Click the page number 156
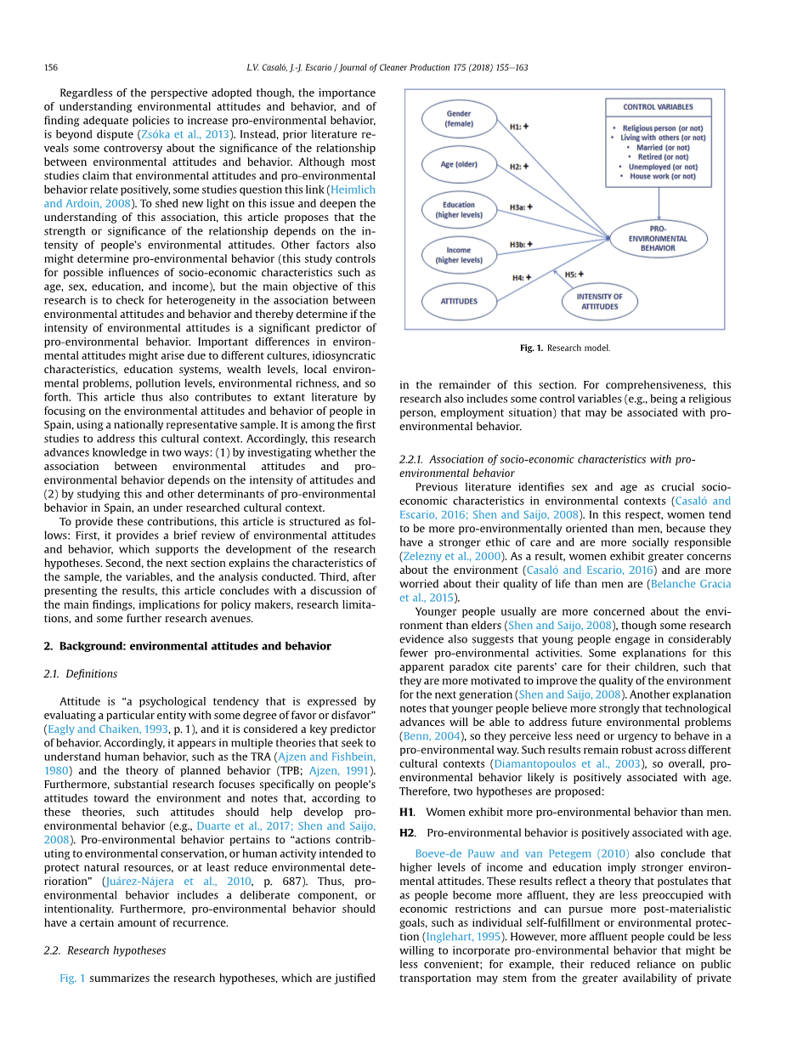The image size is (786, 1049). pyautogui.click(x=50, y=67)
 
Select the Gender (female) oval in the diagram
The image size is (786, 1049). pyautogui.click(x=459, y=118)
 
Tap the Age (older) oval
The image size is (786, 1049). pyautogui.click(x=459, y=164)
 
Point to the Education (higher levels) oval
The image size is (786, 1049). pyautogui.click(x=459, y=210)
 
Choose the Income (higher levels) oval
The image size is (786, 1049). pyautogui.click(x=459, y=255)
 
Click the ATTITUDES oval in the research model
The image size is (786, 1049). pyautogui.click(x=459, y=301)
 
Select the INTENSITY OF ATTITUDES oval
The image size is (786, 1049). pyautogui.click(x=600, y=301)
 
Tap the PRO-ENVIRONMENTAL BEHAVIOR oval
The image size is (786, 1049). pyautogui.click(x=659, y=238)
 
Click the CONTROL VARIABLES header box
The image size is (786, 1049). pyautogui.click(x=658, y=107)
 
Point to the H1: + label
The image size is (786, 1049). pyautogui.click(x=519, y=127)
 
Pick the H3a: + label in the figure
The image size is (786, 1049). pyautogui.click(x=522, y=207)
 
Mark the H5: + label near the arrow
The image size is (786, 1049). pyautogui.click(x=574, y=274)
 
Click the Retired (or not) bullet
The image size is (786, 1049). pyautogui.click(x=663, y=157)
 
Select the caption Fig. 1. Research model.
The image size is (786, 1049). pyautogui.click(x=565, y=348)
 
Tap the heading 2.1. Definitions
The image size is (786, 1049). pyautogui.click(x=80, y=674)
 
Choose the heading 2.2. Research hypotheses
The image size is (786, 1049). pyautogui.click(x=105, y=950)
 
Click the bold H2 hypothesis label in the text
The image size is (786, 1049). pyautogui.click(x=407, y=833)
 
